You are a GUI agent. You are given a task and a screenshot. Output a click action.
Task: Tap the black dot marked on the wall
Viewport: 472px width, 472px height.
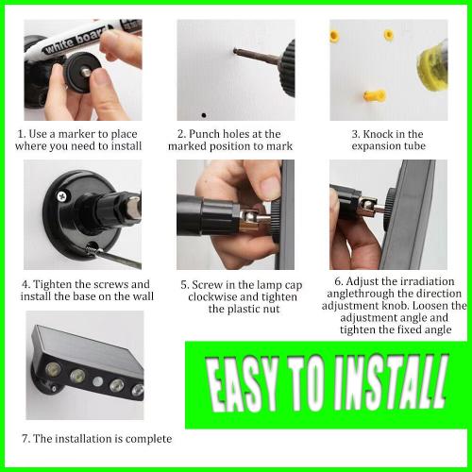click(x=204, y=115)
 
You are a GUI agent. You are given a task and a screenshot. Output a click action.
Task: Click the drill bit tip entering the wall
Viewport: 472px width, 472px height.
click(x=235, y=50)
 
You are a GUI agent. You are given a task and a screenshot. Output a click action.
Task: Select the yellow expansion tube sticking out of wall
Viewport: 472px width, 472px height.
click(x=375, y=94)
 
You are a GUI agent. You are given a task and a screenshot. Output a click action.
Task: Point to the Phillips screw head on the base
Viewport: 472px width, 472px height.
click(x=62, y=196)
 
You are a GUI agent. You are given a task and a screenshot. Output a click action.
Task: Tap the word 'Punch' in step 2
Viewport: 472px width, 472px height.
click(x=204, y=134)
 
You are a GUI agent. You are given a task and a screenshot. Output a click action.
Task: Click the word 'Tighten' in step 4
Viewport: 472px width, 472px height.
click(x=52, y=284)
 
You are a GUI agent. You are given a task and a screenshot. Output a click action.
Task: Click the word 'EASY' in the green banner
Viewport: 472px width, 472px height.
click(x=242, y=383)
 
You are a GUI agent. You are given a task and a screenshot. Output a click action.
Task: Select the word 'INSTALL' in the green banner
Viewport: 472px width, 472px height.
click(x=390, y=381)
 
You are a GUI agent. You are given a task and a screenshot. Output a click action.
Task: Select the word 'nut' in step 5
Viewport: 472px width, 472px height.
click(x=271, y=310)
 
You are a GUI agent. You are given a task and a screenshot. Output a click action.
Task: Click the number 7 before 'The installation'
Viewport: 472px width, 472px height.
click(x=25, y=439)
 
